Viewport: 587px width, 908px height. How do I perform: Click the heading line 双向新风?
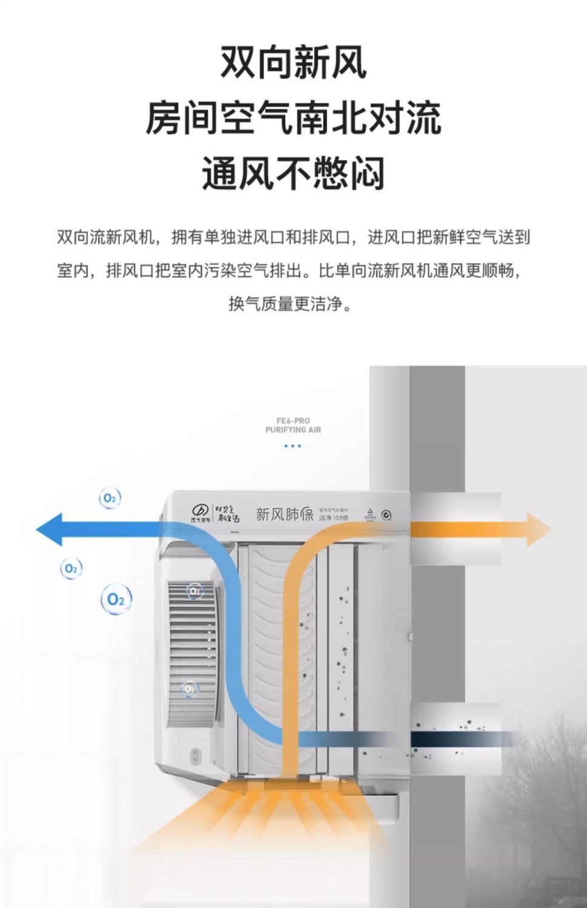293,62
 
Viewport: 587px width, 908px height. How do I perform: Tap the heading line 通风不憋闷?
293,174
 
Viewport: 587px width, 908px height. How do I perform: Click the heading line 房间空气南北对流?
293,118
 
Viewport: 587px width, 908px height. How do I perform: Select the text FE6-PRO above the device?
293,421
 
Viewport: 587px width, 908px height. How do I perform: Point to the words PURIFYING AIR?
293,430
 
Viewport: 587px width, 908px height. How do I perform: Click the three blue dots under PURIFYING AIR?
293,446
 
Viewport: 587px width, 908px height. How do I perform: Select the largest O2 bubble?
116,599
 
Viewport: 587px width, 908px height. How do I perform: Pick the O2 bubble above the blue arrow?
110,498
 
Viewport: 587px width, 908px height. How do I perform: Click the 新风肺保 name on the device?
284,515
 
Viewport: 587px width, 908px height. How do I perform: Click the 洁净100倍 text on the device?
334,518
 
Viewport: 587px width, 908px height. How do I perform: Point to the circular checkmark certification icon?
386,515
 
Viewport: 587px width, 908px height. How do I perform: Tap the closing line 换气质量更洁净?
290,303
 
